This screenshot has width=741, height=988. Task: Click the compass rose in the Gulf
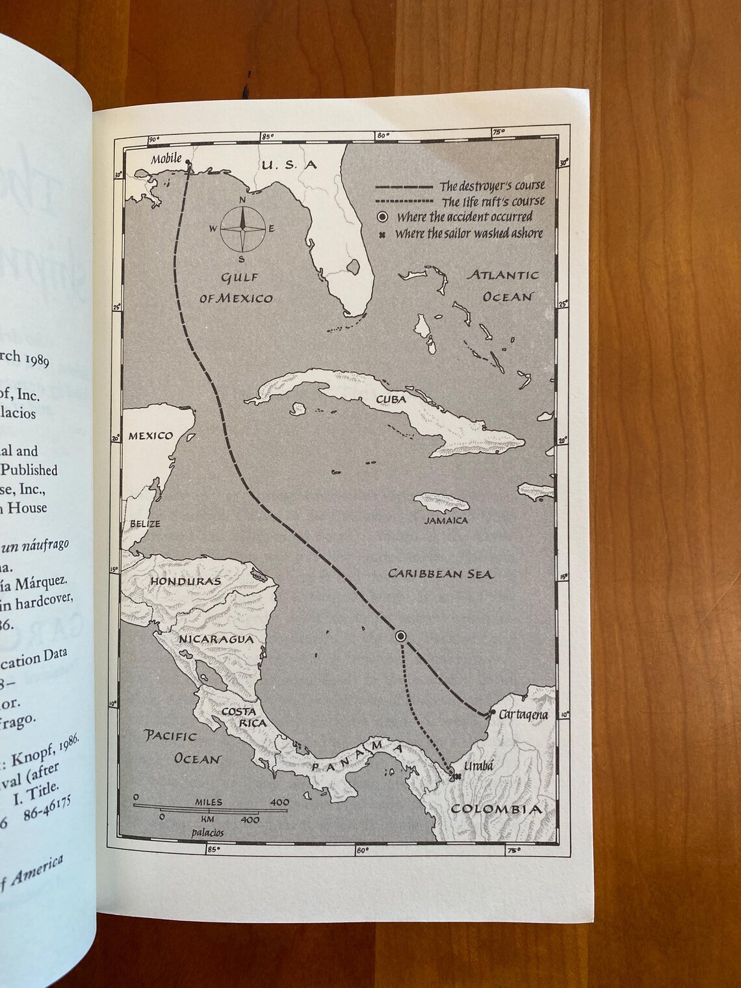(242, 228)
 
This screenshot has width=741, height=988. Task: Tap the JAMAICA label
(446, 520)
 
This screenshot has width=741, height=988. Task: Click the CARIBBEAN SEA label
(440, 573)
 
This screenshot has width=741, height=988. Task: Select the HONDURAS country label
(185, 581)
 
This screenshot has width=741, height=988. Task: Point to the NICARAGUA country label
(206, 640)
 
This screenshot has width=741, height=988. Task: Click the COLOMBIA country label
(496, 809)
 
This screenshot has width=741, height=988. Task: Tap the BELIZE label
(144, 523)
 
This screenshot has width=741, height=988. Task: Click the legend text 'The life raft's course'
(493, 201)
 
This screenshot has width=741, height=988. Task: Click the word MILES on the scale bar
(208, 802)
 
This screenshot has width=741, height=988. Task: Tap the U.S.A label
(289, 165)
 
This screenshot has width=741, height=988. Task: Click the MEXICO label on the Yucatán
(150, 435)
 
